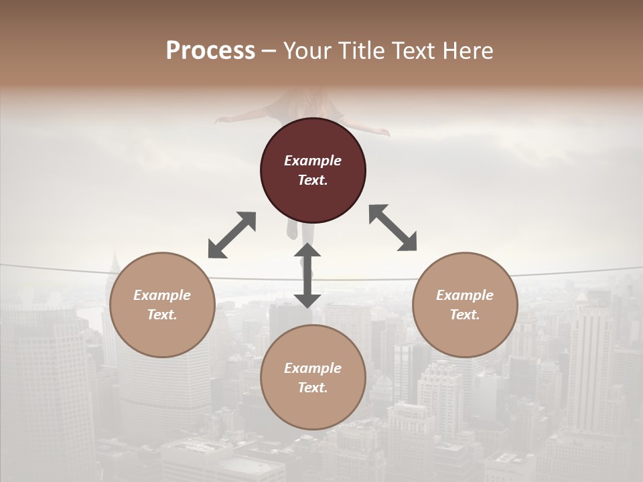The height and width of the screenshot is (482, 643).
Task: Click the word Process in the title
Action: [x=210, y=51]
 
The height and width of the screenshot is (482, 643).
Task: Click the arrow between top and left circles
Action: [x=232, y=235]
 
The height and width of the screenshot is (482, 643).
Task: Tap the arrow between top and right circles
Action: [x=392, y=228]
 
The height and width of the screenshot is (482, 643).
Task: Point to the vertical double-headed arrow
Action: [x=307, y=275]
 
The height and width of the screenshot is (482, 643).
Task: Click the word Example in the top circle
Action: [x=313, y=161]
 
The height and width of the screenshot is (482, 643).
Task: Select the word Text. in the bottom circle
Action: [x=313, y=388]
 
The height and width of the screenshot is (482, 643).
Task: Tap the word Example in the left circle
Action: [x=162, y=295]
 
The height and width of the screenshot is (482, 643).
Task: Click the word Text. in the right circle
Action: [x=465, y=315]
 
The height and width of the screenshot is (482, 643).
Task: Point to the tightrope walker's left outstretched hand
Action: [x=221, y=120]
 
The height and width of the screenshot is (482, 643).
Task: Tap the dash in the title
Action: [x=269, y=52]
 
